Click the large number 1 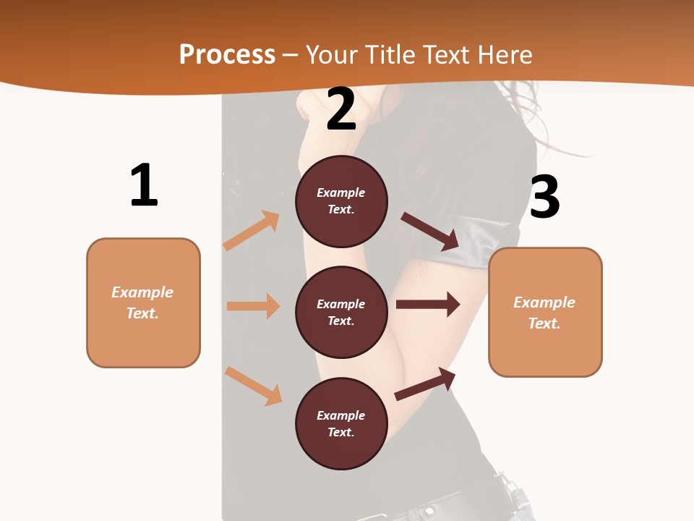(x=144, y=185)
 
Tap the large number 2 (x=341, y=109)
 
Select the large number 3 (x=544, y=197)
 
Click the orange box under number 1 (x=143, y=302)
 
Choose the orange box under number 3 (x=545, y=312)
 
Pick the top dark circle (x=341, y=201)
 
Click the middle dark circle (x=341, y=312)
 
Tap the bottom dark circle (x=341, y=423)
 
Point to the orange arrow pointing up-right (x=252, y=230)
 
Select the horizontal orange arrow (x=253, y=306)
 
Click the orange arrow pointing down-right (x=253, y=386)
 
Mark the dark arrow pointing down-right (x=431, y=232)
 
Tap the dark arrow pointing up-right (x=425, y=384)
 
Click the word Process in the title (x=227, y=54)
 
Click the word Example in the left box (x=142, y=292)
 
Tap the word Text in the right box (x=544, y=323)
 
